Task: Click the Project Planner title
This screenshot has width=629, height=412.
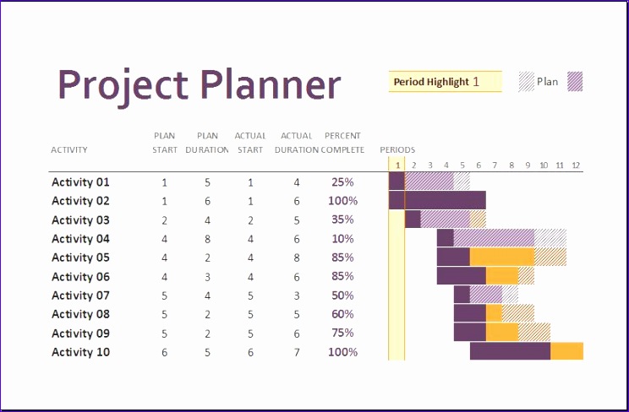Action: [x=199, y=84]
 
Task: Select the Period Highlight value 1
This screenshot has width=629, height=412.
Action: [x=476, y=82]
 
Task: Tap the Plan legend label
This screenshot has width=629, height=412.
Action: [x=548, y=82]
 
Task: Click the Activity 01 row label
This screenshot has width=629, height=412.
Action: [x=80, y=182]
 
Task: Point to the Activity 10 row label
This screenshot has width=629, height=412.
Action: [x=80, y=352]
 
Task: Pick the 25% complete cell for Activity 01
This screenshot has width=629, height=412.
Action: [x=342, y=182]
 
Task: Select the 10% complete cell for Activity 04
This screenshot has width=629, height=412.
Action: [x=342, y=239]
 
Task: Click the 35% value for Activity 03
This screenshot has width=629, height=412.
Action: [x=342, y=220]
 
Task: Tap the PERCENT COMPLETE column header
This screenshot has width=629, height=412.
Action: [x=342, y=143]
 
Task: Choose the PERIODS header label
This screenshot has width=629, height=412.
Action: [x=397, y=150]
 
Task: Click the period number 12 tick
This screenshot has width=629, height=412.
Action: [x=576, y=165]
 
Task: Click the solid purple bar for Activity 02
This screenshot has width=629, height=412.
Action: [x=437, y=200]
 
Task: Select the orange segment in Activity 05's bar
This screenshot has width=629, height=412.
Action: [x=502, y=257]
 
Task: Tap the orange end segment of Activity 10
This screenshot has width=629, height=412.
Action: [x=566, y=351]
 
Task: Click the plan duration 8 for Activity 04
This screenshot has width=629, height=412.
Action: [x=207, y=239]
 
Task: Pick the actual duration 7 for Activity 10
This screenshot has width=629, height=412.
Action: [x=297, y=352]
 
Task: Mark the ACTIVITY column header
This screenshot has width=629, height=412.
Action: [x=69, y=150]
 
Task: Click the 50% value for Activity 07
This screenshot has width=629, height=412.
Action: [x=342, y=295]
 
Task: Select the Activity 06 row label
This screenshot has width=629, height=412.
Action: [x=80, y=277]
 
